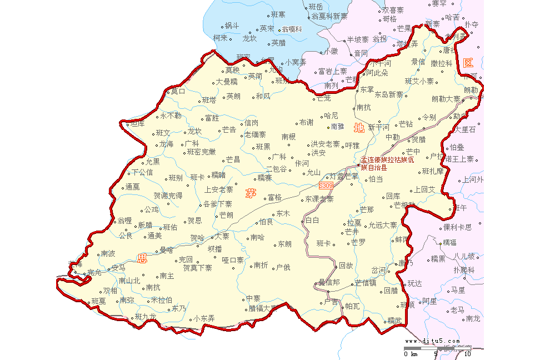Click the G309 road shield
(326, 185)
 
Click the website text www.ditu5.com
(432, 341)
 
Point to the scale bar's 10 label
(467, 354)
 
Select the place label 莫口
(178, 91)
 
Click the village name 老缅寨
(255, 134)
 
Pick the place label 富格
(274, 197)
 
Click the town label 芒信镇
(366, 283)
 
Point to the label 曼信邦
(328, 283)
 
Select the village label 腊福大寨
(263, 308)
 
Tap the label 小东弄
(204, 318)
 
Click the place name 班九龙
(146, 317)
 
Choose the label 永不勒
(171, 116)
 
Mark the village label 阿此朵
(377, 73)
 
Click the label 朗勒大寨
(446, 99)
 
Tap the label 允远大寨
(383, 226)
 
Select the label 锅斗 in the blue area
(232, 26)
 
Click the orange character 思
(143, 258)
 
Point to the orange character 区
(468, 63)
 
